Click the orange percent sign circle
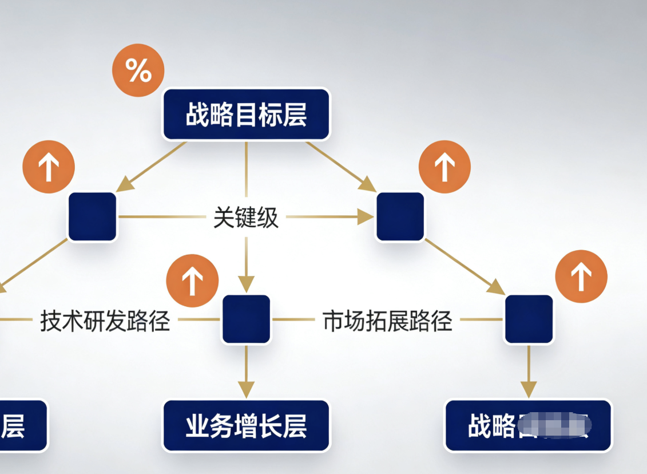tap(138, 71)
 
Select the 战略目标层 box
tap(247, 114)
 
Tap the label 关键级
tap(246, 218)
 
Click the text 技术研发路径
tap(105, 321)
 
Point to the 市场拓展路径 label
tap(387, 321)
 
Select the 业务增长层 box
tap(246, 426)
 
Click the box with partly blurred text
tap(528, 426)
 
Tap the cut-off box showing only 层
tap(20, 426)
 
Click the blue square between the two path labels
tap(246, 319)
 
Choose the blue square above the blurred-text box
tap(529, 319)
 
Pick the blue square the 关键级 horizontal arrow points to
tap(400, 216)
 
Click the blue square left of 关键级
tap(92, 216)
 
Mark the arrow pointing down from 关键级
tap(246, 263)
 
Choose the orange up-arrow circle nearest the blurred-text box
tap(581, 276)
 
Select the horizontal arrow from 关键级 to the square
tap(329, 216)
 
